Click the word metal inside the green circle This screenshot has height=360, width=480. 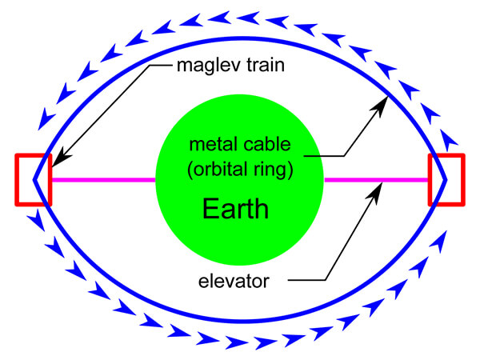coord(213,146)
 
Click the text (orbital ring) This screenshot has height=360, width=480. coord(239,170)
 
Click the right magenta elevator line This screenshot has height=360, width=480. coord(376,180)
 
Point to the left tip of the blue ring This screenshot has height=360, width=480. coord(34,180)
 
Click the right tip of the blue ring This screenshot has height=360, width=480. coord(445,180)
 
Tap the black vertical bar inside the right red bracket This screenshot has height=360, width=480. coord(430,180)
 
